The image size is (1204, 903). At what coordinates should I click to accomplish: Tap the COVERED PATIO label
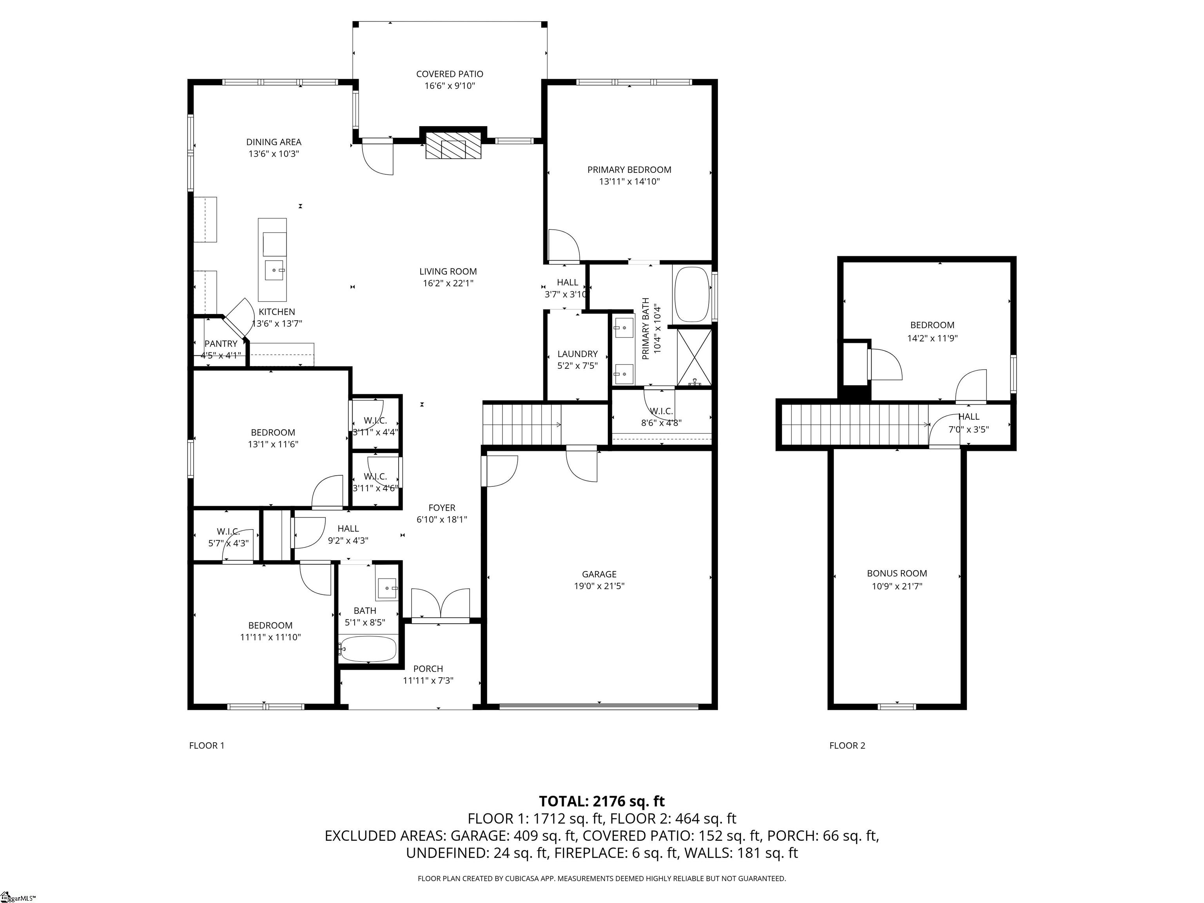coord(449,74)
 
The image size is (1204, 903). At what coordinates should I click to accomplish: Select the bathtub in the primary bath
coord(692,294)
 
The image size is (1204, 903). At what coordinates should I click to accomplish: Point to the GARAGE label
coord(599,574)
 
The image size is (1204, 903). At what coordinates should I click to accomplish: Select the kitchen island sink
coord(274,269)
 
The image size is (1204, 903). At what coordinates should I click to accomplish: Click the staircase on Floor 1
coord(521,424)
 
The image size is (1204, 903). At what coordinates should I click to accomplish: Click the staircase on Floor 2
coord(854,424)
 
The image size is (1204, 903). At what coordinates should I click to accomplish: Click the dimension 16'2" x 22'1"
coord(448,283)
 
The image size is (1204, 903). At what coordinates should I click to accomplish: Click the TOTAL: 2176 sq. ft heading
coord(602,801)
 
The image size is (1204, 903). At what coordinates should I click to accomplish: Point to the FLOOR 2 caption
coord(847,746)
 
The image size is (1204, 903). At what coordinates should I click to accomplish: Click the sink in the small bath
coord(387,588)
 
